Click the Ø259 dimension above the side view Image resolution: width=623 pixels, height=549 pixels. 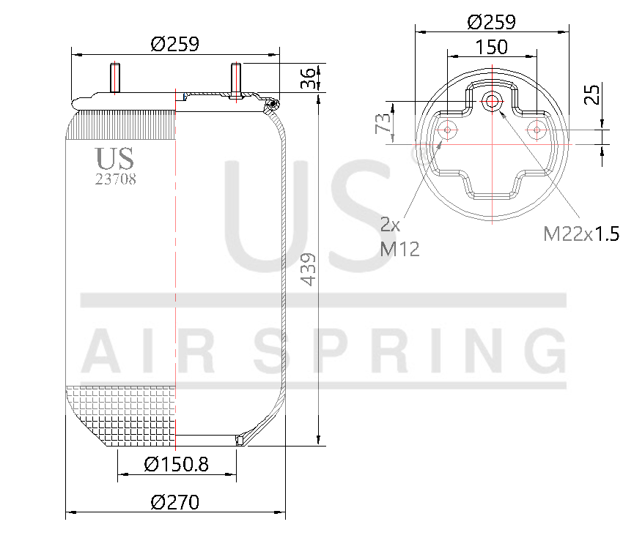[175, 45]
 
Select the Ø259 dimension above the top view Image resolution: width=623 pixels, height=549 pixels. [491, 22]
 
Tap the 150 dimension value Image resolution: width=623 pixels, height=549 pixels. [491, 48]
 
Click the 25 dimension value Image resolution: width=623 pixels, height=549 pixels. [592, 94]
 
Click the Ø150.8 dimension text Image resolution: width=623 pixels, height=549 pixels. [177, 464]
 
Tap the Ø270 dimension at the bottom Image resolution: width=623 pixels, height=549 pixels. [175, 503]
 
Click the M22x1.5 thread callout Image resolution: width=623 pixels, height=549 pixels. [581, 234]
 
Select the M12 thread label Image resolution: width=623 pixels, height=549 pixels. [399, 249]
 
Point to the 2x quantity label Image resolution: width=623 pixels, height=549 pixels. [390, 223]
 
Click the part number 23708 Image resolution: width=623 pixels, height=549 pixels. [116, 179]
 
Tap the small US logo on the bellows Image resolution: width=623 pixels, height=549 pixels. [114, 157]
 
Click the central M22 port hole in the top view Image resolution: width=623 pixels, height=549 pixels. [491, 102]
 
